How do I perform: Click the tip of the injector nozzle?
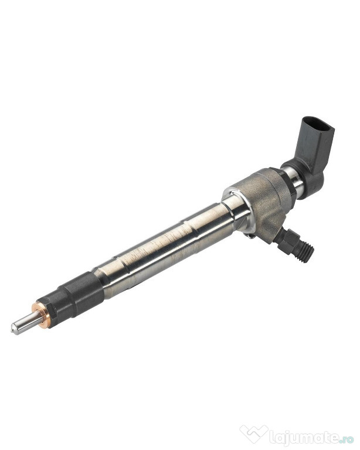[13, 329]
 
